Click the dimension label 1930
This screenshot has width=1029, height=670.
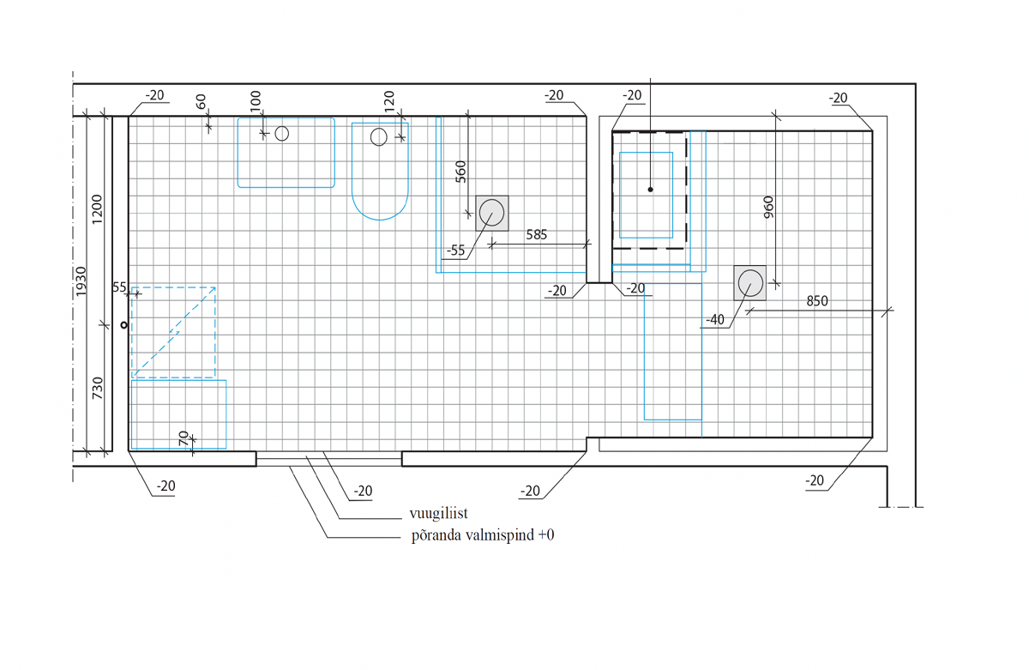point(81,281)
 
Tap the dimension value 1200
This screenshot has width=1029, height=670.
point(97,209)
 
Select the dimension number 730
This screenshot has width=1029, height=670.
point(98,389)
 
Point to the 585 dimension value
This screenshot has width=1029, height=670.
point(537,235)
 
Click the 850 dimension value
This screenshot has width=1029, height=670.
point(817,301)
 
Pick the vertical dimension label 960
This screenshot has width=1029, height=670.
point(768,208)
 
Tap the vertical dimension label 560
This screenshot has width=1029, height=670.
point(460,172)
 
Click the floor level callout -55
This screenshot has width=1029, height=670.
point(456,250)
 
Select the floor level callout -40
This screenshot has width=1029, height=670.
point(715,319)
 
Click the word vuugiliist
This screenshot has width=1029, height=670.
point(439,513)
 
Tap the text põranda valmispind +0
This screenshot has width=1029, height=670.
point(483,535)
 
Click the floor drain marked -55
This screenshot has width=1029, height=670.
point(492,214)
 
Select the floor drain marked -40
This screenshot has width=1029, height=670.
point(750,283)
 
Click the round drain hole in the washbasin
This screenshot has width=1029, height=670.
point(282,134)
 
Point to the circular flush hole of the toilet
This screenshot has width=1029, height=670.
point(379,137)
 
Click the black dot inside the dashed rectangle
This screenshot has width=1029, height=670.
point(651,190)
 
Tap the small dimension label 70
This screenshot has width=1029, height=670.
point(184,438)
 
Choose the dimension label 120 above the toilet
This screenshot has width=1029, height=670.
point(389,101)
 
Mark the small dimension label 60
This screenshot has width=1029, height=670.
point(202,101)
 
